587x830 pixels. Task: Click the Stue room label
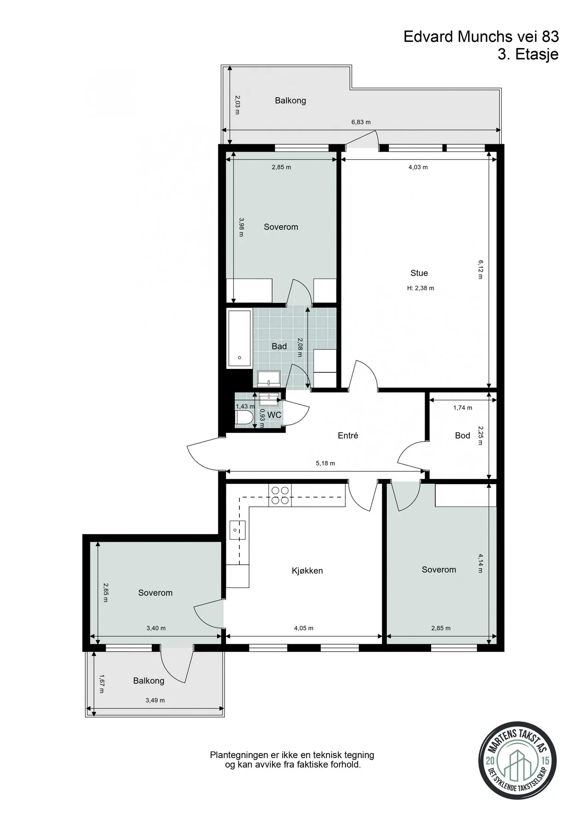click(x=419, y=273)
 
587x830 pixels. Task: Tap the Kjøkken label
click(x=307, y=571)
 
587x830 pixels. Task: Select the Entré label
click(x=348, y=435)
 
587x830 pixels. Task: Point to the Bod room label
click(x=462, y=435)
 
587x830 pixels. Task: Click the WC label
click(x=274, y=415)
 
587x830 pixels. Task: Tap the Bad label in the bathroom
click(x=279, y=346)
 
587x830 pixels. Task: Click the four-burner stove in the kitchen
click(x=280, y=495)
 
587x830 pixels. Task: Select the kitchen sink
click(x=237, y=530)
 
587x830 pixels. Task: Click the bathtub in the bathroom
click(x=239, y=338)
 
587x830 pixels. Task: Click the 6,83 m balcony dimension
click(x=361, y=122)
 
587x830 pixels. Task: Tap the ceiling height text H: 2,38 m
click(x=421, y=288)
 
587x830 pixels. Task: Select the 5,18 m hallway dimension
click(x=326, y=463)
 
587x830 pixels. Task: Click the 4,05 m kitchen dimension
click(x=303, y=628)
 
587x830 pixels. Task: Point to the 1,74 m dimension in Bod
click(x=462, y=408)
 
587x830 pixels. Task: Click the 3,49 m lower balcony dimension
click(x=155, y=700)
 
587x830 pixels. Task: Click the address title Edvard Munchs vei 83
click(x=481, y=36)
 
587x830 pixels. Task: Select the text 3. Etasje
click(x=528, y=54)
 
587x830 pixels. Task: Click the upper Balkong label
click(x=291, y=101)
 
